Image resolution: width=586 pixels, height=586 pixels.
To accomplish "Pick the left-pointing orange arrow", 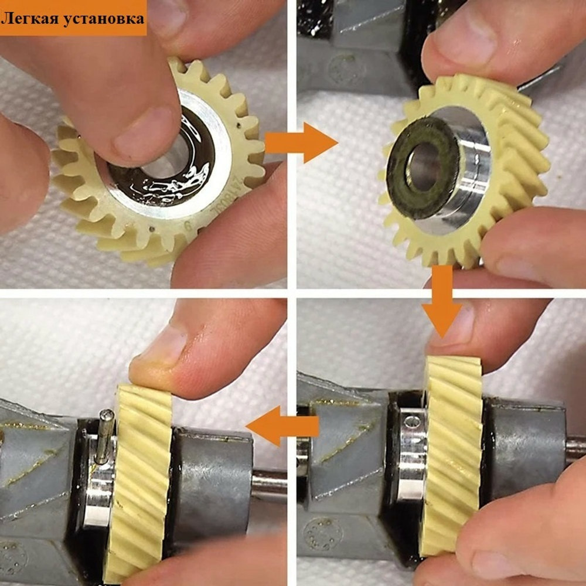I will pos(281,427).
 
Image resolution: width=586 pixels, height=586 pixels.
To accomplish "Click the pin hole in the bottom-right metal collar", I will pos(414,421).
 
